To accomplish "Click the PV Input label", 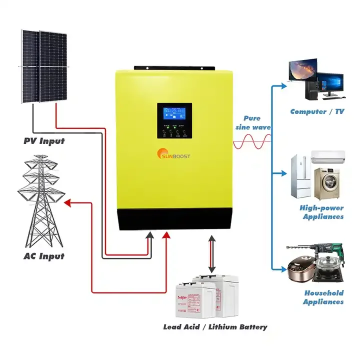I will [44, 141].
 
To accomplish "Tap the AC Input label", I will [44, 256].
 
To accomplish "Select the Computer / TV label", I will [317, 111].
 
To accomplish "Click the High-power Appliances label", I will [322, 212].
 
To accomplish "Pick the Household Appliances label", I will [323, 297].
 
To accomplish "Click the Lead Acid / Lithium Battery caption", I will [215, 327].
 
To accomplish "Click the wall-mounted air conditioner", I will [328, 156].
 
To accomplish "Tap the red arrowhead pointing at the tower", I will [67, 202].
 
